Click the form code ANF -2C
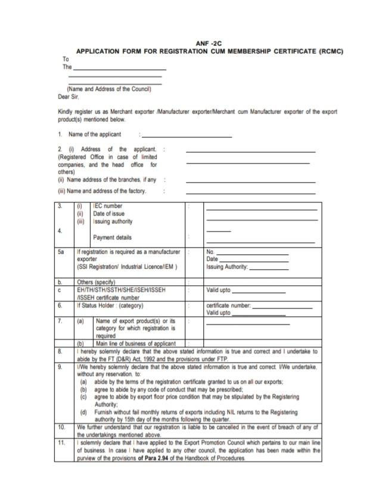point(209,43)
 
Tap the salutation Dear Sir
point(68,96)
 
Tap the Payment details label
point(113,238)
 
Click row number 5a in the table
point(61,252)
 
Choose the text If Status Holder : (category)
point(110,305)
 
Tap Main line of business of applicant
point(135,344)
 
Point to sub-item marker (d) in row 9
point(83,412)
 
